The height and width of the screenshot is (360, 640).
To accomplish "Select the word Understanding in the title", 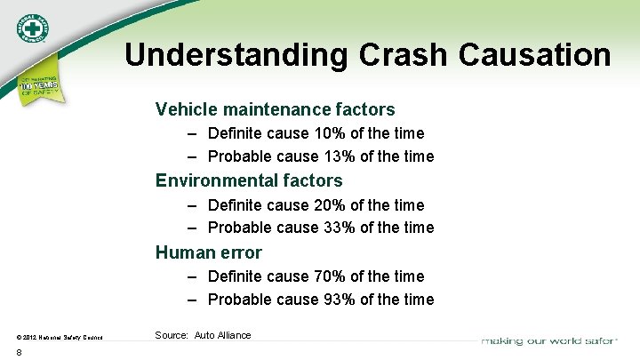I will point(237,55).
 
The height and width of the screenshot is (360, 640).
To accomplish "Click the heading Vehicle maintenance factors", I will point(275,109).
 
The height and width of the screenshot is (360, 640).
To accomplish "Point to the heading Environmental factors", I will point(249,180).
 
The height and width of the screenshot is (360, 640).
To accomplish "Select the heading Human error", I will point(208,252).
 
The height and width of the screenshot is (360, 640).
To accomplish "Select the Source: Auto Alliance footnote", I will point(203,335).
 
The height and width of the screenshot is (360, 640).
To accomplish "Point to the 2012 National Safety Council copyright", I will point(59,337).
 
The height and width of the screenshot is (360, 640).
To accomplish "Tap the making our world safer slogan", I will point(549,340).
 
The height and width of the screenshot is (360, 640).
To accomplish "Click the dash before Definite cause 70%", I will point(193,276).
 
